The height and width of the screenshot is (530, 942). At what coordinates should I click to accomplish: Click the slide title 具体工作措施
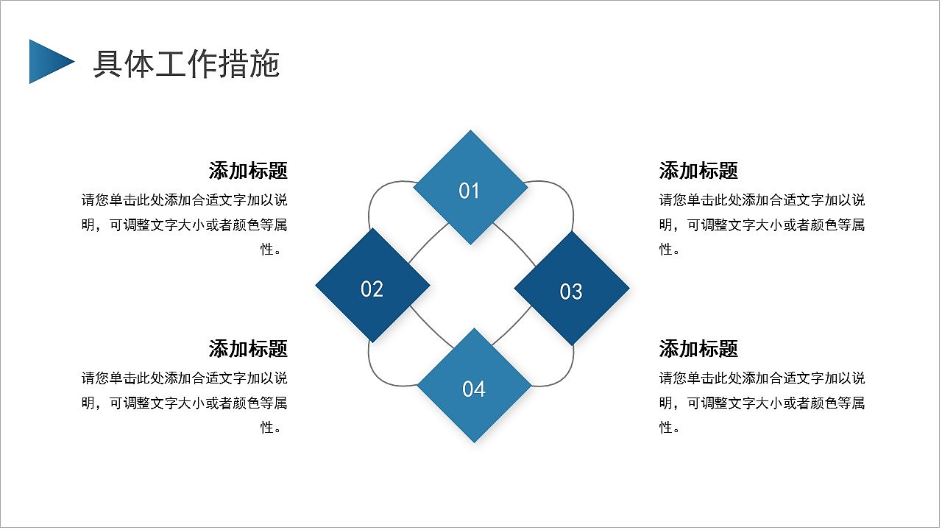pos(186,64)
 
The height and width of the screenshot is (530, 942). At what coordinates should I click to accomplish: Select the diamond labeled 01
pos(470,187)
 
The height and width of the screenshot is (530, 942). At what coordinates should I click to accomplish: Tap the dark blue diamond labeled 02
pos(372,285)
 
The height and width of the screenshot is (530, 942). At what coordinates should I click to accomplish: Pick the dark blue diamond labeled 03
pos(572,288)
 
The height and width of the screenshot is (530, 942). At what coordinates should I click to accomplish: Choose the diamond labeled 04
pos(474,385)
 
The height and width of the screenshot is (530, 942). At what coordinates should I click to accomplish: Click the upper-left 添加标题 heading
pos(248,171)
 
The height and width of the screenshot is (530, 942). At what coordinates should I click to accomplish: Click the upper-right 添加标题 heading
pos(698,171)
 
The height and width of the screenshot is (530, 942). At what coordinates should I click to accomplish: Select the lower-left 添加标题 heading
pos(248,349)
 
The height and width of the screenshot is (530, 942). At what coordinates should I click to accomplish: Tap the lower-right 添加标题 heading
pos(698,349)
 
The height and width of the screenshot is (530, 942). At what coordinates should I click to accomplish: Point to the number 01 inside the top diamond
pos(469,191)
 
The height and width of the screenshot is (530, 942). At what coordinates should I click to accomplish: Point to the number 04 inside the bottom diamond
pos(474,389)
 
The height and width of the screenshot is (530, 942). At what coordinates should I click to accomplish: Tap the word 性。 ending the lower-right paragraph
pos(670,428)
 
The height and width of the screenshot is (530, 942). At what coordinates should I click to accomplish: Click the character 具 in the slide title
pos(107,64)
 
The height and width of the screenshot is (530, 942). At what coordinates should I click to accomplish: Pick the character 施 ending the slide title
pos(264,64)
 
